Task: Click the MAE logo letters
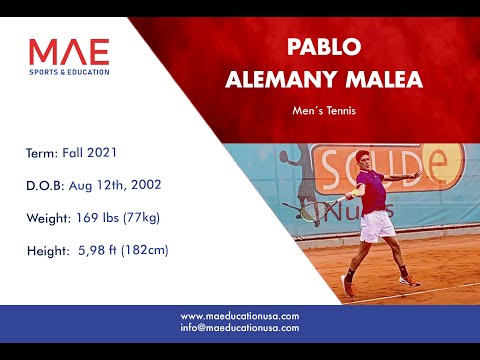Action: coord(69,51)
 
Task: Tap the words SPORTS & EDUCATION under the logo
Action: coord(69,71)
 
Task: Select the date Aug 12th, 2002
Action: coord(122,185)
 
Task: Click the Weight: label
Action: coord(49,217)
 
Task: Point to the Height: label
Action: coord(48,249)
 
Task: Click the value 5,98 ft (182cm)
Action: coord(123,249)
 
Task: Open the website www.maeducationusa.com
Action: coord(240,316)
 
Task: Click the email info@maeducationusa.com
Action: coord(240,327)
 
